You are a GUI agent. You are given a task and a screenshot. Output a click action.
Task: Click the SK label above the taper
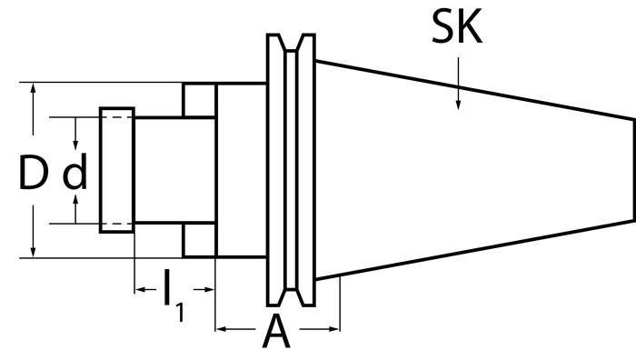tap(458, 31)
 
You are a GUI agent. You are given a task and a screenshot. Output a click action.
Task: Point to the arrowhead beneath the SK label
tap(458, 103)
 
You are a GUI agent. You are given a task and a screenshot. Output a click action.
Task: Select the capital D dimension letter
tap(33, 172)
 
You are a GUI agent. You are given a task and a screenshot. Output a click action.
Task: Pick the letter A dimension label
tap(276, 333)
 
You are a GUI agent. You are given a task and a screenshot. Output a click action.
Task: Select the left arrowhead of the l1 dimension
tap(141, 291)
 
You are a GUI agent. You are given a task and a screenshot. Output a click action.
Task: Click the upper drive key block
tap(199, 99)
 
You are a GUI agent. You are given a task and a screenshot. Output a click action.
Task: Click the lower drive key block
tap(199, 241)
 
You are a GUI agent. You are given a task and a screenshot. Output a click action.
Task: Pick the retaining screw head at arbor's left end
tap(117, 170)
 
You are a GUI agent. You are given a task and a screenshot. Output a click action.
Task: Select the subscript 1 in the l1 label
tap(180, 311)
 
